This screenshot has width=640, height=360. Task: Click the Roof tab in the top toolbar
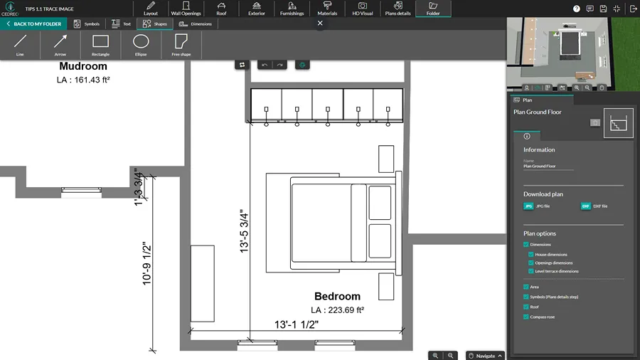point(221,9)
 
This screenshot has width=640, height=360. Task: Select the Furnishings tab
point(292,9)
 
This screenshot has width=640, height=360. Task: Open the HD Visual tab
point(362,9)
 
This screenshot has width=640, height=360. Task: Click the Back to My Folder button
point(32,23)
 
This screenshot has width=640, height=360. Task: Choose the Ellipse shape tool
point(141,44)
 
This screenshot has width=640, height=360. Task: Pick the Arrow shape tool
point(60,44)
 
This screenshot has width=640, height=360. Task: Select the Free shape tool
point(181,44)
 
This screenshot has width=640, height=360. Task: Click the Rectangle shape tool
point(100,44)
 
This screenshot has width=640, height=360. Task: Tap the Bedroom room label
point(337,296)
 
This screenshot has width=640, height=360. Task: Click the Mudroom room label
point(83,67)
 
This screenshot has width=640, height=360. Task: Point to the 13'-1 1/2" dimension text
point(297,324)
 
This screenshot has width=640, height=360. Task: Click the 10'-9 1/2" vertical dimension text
point(147,263)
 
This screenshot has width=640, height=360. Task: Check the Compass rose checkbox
point(526,317)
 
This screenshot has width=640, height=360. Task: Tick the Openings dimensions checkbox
point(531,263)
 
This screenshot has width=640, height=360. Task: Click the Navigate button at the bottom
point(485,355)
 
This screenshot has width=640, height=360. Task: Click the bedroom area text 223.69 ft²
point(336,310)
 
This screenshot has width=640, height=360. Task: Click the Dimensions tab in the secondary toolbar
point(196,23)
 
